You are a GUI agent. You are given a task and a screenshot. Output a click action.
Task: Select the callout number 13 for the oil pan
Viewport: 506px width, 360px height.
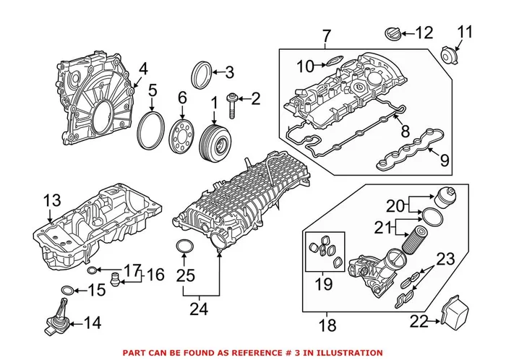51,200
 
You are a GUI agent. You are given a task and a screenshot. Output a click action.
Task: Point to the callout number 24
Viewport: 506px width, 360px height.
198,309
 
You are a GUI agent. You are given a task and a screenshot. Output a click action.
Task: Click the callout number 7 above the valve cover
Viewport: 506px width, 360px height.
326,35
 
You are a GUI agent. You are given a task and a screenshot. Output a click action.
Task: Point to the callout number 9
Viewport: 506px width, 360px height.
445,159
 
